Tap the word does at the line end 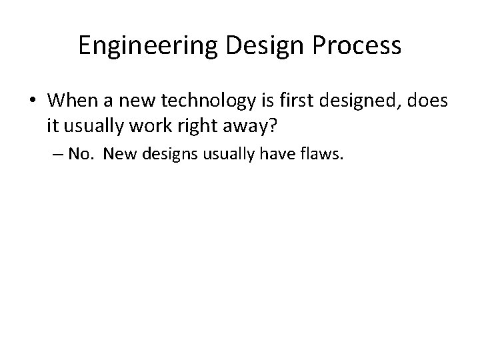pyautogui.click(x=427, y=101)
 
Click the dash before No pyautogui.click(x=57, y=155)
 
